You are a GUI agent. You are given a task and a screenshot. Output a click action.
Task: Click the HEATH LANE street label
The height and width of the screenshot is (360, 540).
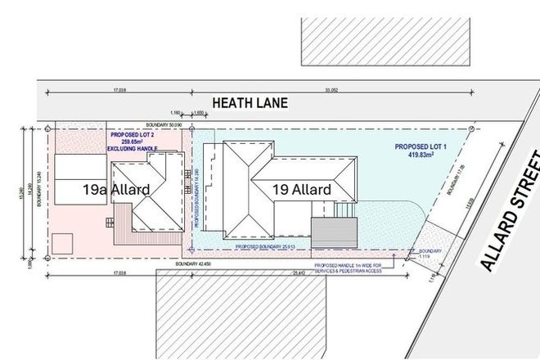pos(251,103)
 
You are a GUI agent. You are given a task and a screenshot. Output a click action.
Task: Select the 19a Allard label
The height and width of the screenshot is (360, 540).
pos(115,190)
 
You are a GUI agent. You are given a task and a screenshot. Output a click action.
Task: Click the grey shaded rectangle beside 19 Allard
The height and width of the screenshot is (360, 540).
pos(335,231)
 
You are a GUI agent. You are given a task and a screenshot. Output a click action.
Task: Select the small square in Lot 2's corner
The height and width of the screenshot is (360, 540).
pos(63,243)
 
